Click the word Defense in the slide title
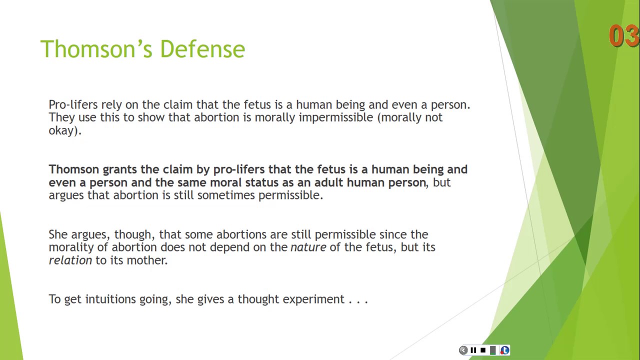(202, 49)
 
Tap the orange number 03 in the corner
(623, 36)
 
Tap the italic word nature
(308, 247)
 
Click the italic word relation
(70, 260)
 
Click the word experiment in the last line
(313, 299)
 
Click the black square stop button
(483, 350)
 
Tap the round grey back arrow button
(463, 350)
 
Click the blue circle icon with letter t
(504, 350)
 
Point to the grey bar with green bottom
(493, 350)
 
